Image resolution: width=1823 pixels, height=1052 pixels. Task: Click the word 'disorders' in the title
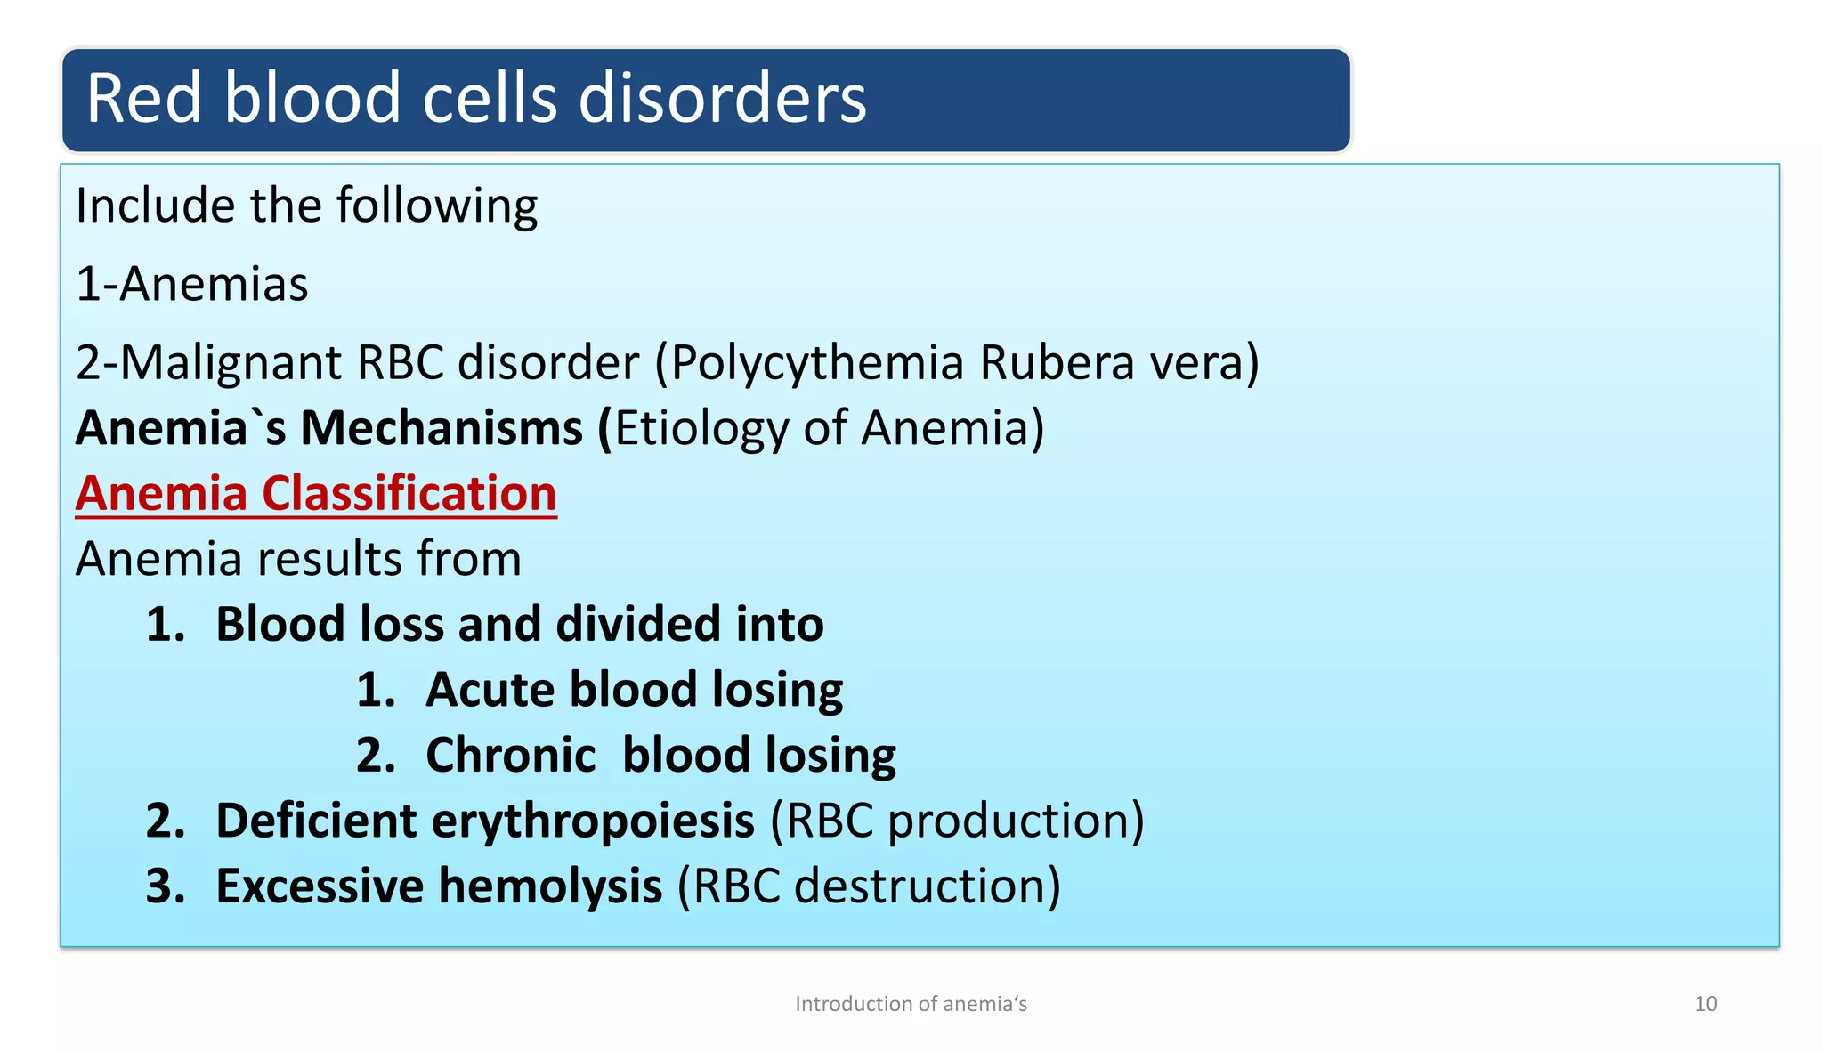click(722, 98)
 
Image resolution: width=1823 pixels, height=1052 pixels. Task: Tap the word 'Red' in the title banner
click(145, 98)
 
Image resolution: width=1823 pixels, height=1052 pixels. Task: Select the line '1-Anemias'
click(192, 285)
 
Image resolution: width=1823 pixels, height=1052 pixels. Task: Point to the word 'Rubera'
click(1057, 363)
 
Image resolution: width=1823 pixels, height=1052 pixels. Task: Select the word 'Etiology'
click(701, 429)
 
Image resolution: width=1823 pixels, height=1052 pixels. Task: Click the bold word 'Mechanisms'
click(442, 429)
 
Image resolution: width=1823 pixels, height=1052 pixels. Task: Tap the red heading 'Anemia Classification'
click(316, 494)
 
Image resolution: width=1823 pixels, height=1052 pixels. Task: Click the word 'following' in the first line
click(436, 206)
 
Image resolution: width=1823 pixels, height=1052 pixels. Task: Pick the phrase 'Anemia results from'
click(298, 560)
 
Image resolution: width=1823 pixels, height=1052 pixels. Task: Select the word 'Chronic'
click(510, 756)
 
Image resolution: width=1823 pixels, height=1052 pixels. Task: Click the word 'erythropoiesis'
click(593, 821)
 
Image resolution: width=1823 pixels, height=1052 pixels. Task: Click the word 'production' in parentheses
click(1008, 821)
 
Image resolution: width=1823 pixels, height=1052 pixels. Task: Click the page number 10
click(1705, 1004)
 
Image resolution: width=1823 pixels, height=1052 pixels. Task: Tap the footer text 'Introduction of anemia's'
click(911, 1004)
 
